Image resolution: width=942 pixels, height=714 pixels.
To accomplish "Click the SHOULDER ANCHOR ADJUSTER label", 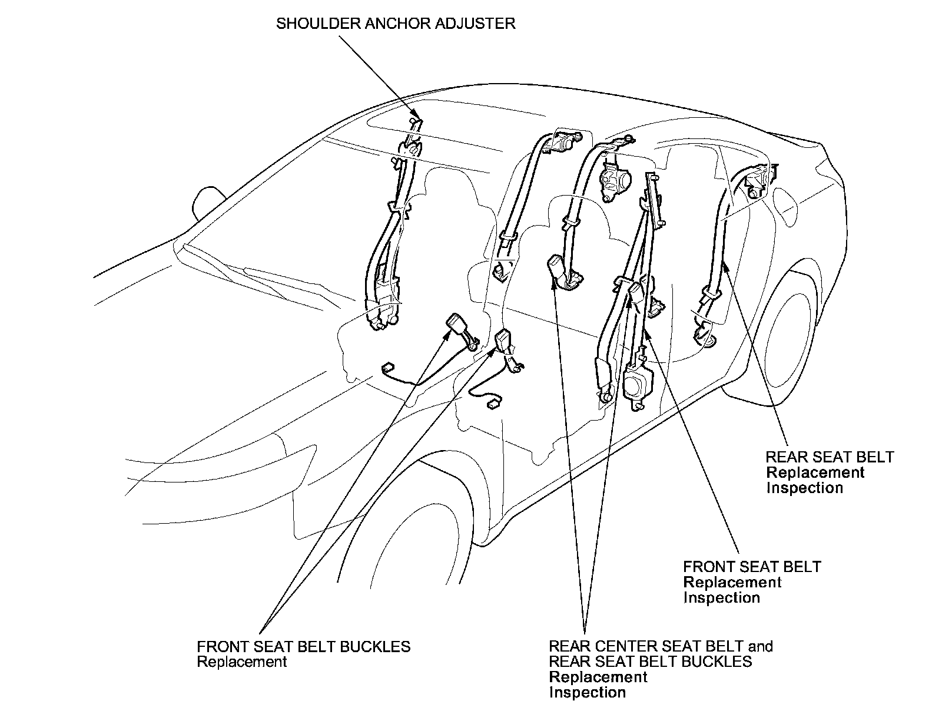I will click(396, 24).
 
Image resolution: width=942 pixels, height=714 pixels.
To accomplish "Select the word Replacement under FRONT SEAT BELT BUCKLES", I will click(241, 662).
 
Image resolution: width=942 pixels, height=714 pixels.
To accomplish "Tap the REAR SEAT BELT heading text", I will click(830, 457).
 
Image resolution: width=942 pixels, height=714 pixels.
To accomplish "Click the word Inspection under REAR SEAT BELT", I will click(804, 488).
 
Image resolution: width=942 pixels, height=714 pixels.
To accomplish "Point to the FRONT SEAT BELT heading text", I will click(752, 567).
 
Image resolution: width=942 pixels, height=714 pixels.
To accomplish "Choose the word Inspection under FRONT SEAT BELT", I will click(721, 597).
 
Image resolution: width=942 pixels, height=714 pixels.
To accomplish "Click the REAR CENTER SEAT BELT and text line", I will click(661, 646).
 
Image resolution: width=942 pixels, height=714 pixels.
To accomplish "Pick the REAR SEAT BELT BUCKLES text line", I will click(650, 662).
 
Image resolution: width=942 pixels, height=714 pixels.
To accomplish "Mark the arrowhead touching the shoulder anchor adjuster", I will click(415, 114).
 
